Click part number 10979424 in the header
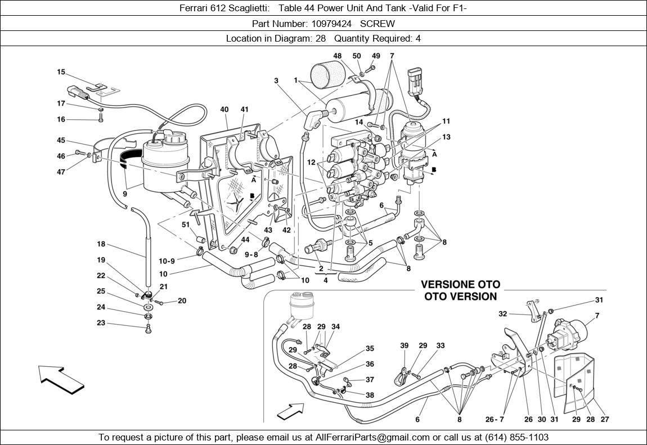tap(331, 24)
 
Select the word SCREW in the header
tap(378, 24)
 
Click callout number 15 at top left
tap(61, 72)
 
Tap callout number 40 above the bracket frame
tap(224, 110)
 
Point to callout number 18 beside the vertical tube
tap(101, 244)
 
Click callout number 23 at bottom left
tap(101, 323)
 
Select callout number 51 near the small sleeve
tap(186, 225)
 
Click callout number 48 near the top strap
tap(338, 56)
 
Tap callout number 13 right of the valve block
tap(446, 137)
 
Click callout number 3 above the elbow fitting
tap(276, 81)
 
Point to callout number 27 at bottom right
tap(605, 419)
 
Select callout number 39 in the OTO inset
tap(405, 346)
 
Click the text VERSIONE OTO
tap(460, 285)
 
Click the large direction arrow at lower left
tap(61, 379)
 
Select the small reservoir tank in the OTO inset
tap(302, 307)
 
